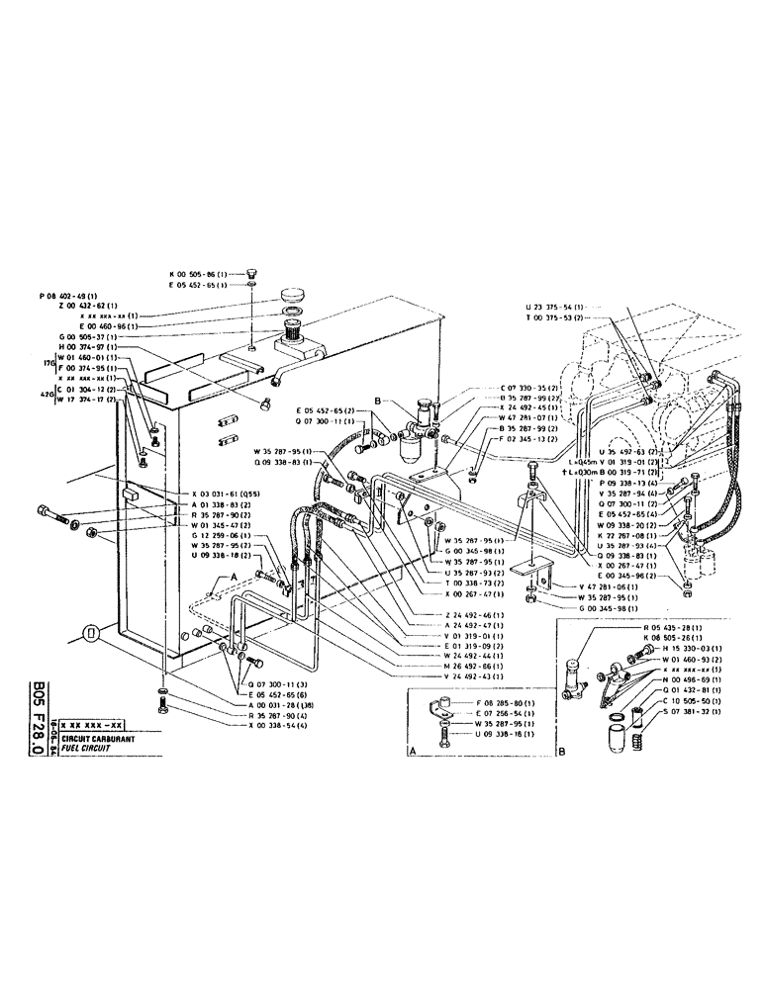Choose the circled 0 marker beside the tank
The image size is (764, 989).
90,633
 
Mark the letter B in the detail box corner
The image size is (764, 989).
561,752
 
